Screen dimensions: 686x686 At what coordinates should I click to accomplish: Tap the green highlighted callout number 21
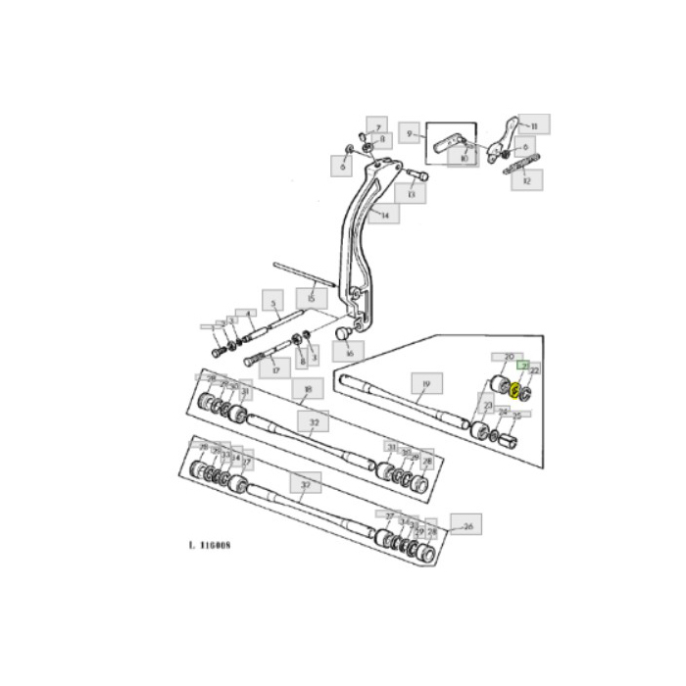(524, 365)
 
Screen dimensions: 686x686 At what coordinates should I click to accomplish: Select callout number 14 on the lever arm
(385, 214)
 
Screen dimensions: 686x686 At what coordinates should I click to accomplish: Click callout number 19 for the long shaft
(425, 384)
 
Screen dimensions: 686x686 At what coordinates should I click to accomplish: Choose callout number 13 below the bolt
(412, 195)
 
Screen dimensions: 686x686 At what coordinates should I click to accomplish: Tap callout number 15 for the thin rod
(311, 296)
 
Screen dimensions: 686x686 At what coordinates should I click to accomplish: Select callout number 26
(467, 525)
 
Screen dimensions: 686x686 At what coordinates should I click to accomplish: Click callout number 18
(307, 389)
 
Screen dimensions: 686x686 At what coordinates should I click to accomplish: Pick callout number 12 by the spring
(528, 181)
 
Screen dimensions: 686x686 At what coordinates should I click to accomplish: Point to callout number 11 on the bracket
(534, 126)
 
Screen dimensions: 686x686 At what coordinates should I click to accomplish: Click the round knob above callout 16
(343, 332)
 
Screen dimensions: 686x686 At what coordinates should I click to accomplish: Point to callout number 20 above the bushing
(509, 358)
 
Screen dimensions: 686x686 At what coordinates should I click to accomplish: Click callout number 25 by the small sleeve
(516, 415)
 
